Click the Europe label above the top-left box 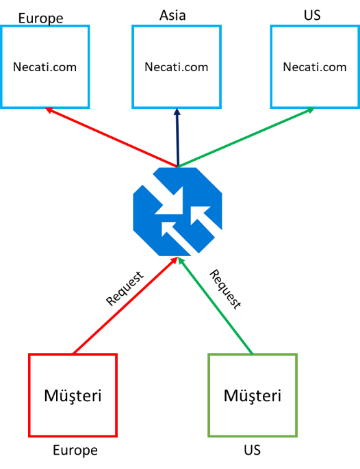(x=40, y=18)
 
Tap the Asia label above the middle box (x=172, y=15)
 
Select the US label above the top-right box (x=312, y=15)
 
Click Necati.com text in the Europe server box (x=45, y=67)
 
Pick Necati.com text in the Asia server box (x=177, y=67)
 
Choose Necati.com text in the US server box (x=315, y=67)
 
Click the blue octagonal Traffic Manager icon (x=178, y=212)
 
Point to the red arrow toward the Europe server (x=112, y=137)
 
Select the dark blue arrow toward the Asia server (x=178, y=138)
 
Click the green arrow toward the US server (x=246, y=137)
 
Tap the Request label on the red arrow (x=125, y=288)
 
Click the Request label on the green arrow (x=225, y=289)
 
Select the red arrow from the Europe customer (x=125, y=305)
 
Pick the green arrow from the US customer (x=216, y=305)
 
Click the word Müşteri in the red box (x=73, y=396)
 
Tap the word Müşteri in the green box (x=253, y=396)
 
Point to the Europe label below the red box (x=75, y=451)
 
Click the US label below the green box (x=252, y=450)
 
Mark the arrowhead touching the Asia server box (x=177, y=112)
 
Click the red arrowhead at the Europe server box (x=49, y=110)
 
